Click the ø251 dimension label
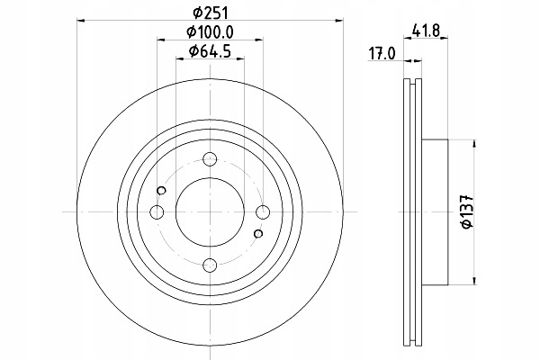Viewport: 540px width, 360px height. (x=211, y=13)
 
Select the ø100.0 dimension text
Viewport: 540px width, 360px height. (x=210, y=32)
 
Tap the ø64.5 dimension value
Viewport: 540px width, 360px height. (x=210, y=51)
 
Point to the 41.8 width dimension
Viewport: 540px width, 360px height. (x=426, y=31)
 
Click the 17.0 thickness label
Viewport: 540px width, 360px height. (x=382, y=54)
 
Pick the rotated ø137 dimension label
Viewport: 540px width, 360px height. (x=468, y=211)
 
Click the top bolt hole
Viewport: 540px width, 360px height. (x=210, y=159)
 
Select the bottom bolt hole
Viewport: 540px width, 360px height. (x=210, y=265)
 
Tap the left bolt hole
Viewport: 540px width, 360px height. (x=157, y=211)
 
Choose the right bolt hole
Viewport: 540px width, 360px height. (x=263, y=211)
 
